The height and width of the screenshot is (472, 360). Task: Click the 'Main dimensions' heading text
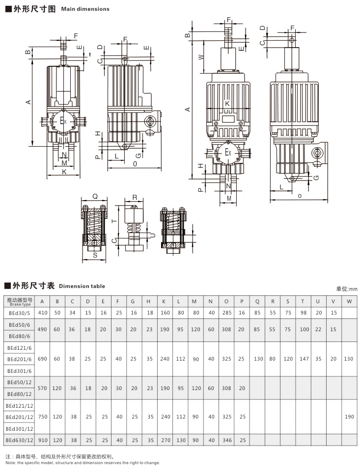(x=85, y=9)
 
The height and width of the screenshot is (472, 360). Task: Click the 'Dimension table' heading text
(x=82, y=286)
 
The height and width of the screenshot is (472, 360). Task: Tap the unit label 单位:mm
(x=347, y=289)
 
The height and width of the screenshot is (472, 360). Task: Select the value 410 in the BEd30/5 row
(x=42, y=312)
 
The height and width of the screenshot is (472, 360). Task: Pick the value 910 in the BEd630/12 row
(x=42, y=440)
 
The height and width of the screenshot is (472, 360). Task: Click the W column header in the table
(x=349, y=301)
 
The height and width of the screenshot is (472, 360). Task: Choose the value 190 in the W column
(x=349, y=416)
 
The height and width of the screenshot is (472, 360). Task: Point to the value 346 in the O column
(x=226, y=440)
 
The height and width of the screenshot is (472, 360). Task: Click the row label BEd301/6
(x=19, y=370)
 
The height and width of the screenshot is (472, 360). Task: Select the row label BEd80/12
(x=19, y=393)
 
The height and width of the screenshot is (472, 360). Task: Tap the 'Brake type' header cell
(x=20, y=301)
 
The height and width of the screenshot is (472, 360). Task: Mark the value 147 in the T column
(x=304, y=359)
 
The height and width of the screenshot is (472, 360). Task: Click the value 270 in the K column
(x=166, y=440)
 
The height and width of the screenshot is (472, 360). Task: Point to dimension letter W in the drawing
(x=201, y=57)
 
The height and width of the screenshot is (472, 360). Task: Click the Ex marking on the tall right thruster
(x=228, y=153)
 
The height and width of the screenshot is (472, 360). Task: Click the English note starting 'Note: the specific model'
(x=83, y=463)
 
